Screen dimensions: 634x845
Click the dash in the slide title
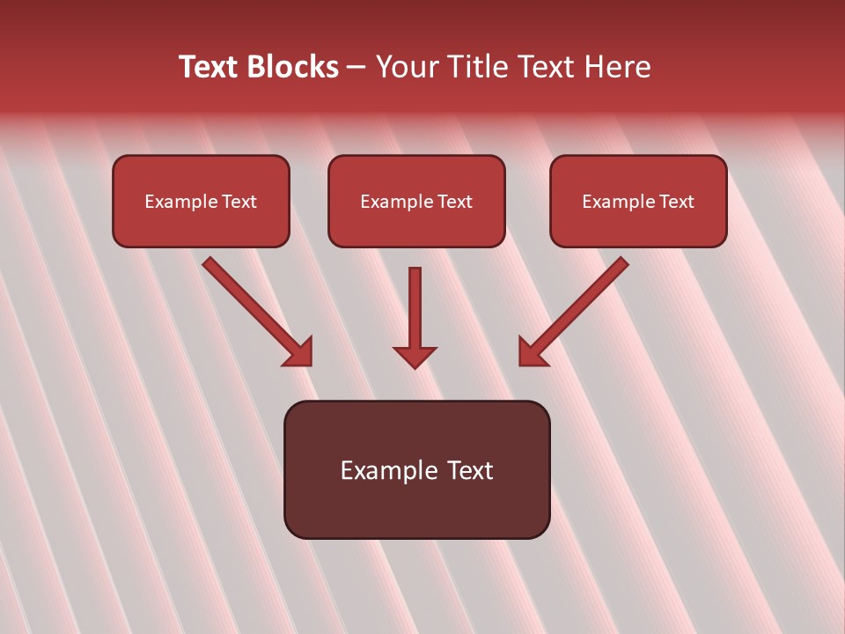click(357, 68)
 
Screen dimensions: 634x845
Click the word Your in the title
click(407, 67)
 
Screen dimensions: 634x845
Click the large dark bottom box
click(416, 511)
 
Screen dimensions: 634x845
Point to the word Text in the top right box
click(677, 202)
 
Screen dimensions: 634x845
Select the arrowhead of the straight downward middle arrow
click(415, 357)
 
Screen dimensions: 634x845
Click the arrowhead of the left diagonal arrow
click(300, 353)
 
